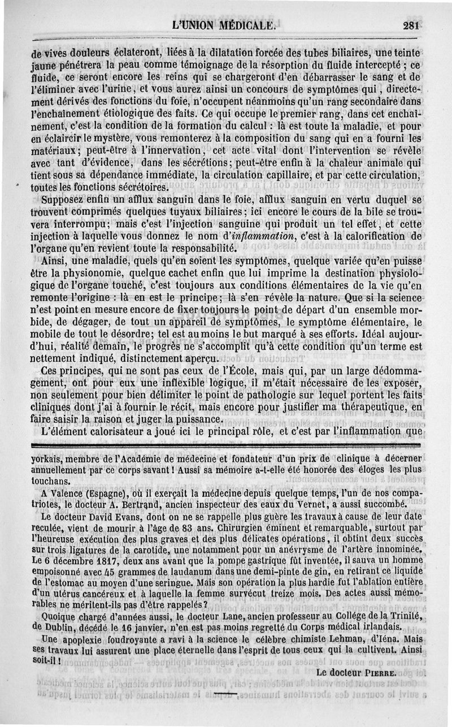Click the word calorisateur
(111, 431)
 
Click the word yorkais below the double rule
(48, 458)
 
